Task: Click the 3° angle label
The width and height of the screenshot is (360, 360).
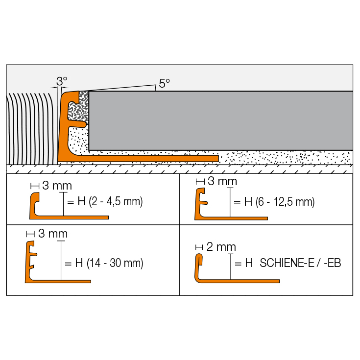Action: point(62,81)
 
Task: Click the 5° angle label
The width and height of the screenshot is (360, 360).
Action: point(165,83)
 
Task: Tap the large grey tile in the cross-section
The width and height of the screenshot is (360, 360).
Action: point(220,120)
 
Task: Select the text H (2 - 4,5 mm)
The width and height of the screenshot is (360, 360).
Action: point(110,201)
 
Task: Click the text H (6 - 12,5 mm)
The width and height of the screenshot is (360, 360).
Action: point(279,202)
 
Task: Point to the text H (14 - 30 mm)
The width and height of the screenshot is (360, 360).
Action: point(109,263)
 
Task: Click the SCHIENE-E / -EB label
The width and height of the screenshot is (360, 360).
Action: point(300,263)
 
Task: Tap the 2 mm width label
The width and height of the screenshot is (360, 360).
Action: point(221,247)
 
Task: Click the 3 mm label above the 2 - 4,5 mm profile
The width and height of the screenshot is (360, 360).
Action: point(57,186)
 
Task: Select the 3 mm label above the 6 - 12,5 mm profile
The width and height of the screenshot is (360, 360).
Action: point(222,181)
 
